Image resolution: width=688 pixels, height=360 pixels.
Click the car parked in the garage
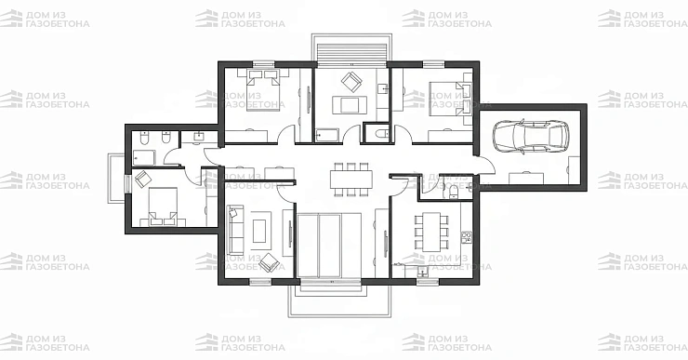(x=531, y=136)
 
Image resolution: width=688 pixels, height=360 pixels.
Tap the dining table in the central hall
(x=351, y=180)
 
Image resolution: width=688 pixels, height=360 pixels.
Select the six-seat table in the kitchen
(x=431, y=232)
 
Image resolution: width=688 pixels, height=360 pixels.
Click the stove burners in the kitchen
(x=467, y=237)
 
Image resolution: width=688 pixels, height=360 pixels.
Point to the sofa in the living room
(x=235, y=230)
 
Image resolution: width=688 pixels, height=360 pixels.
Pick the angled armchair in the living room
(x=269, y=263)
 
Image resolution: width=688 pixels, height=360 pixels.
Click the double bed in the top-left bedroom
(x=262, y=89)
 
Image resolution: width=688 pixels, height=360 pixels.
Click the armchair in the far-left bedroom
(x=143, y=180)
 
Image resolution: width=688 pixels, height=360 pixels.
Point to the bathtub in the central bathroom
(x=327, y=135)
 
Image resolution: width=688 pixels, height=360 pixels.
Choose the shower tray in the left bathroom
(x=144, y=158)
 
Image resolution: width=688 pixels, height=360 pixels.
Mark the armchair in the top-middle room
(x=351, y=81)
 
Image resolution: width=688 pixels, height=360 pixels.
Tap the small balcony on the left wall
(x=117, y=179)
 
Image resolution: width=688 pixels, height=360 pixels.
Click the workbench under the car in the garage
(x=526, y=179)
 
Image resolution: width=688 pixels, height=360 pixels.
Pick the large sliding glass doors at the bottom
(x=329, y=246)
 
